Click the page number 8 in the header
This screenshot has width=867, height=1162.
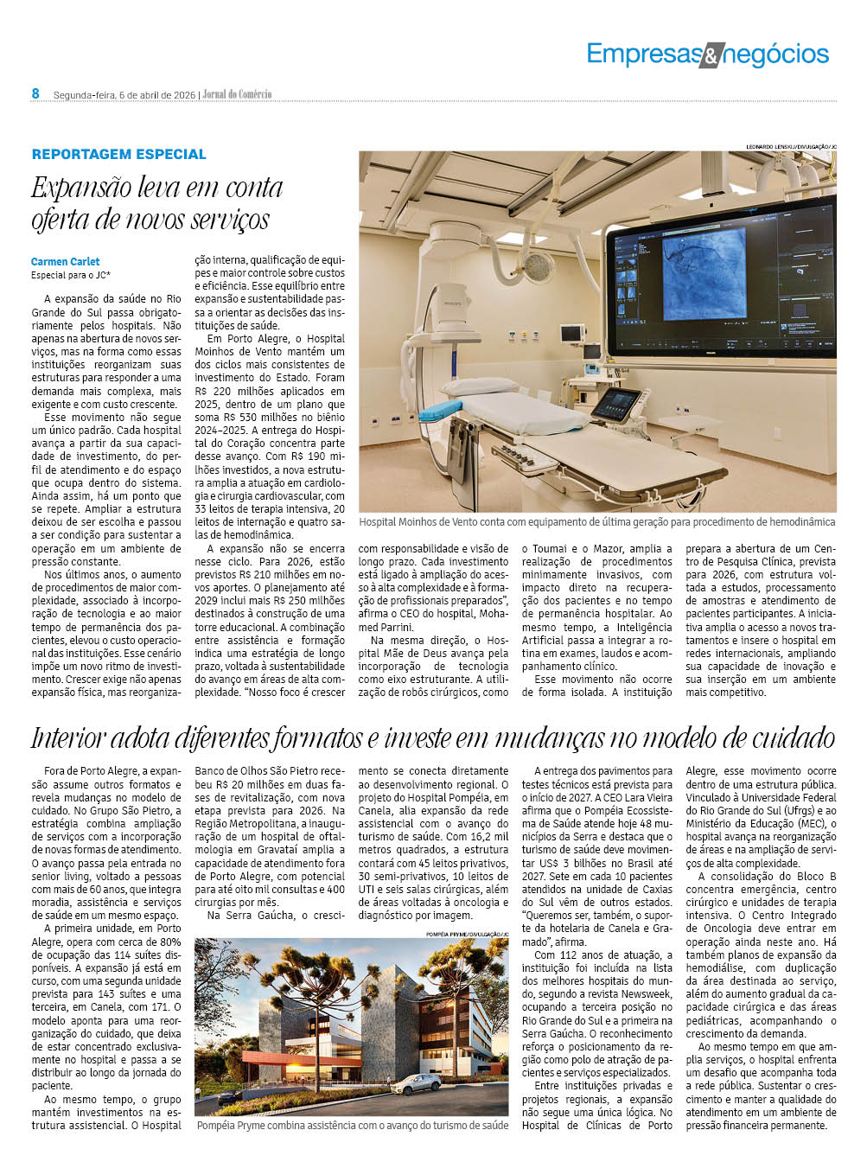point(36,93)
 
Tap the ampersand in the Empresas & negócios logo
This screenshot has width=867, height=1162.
point(709,56)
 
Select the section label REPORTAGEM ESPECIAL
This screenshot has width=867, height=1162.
point(119,154)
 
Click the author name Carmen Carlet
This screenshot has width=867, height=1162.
point(66,261)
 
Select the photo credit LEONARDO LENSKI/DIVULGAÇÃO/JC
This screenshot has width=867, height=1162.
point(791,147)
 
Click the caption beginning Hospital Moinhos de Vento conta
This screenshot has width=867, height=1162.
point(596,522)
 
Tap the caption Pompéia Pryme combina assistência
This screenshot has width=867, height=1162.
point(353,1126)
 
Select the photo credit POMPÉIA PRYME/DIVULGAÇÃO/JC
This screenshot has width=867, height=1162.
point(467,935)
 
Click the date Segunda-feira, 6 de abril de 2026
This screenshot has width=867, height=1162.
point(124,94)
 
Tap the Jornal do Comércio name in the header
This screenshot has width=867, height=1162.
point(237,94)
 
